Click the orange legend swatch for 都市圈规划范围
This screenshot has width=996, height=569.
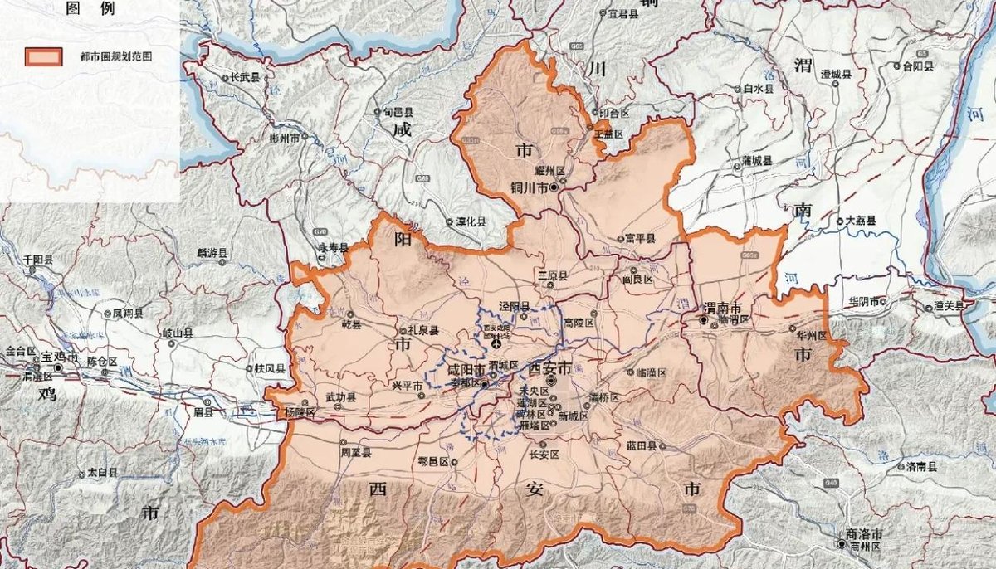[x=43, y=57]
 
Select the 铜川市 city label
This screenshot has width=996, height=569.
[x=530, y=188]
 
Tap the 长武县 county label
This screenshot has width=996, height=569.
[x=245, y=77]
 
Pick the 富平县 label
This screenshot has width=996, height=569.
[x=640, y=239]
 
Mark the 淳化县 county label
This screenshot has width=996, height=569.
[x=471, y=222]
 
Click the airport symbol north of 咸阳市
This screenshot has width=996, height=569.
[x=496, y=343]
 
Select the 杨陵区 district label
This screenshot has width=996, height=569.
[x=300, y=412]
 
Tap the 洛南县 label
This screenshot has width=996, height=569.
[x=922, y=466]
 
